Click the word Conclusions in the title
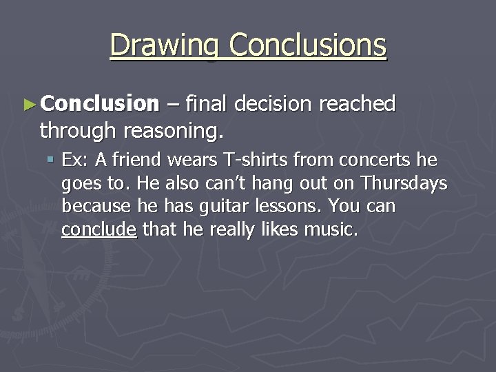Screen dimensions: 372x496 click(x=308, y=45)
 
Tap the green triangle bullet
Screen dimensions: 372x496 click(x=28, y=105)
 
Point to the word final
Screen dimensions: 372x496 click(x=207, y=104)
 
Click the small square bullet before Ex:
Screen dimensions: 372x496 click(x=52, y=161)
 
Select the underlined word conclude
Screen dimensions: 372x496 click(x=99, y=229)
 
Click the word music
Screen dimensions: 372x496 click(x=333, y=229)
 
